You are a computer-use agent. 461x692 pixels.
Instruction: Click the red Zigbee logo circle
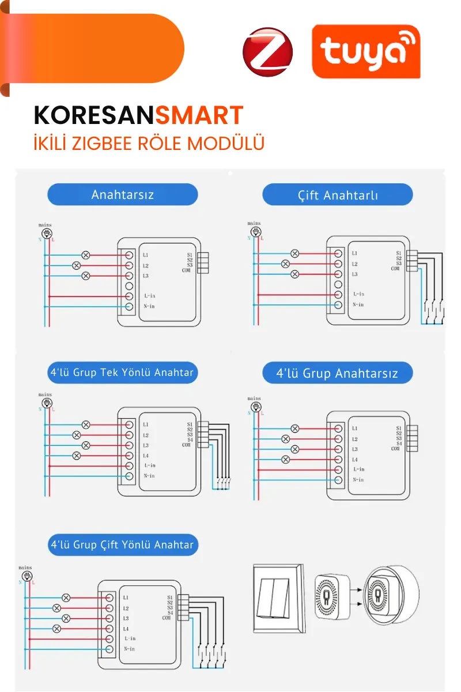click(x=268, y=52)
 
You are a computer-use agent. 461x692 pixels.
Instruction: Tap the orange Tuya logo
click(x=366, y=51)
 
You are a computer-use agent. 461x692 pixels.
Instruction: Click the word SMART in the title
click(x=199, y=116)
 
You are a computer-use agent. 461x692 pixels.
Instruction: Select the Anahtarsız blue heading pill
click(x=122, y=194)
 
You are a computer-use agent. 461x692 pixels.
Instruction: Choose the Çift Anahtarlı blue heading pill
click(x=338, y=195)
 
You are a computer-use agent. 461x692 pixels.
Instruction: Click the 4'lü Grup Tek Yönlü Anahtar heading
click(x=122, y=373)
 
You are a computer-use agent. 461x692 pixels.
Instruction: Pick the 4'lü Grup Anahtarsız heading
click(x=338, y=373)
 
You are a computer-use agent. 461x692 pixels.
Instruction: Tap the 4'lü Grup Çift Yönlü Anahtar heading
click(x=123, y=544)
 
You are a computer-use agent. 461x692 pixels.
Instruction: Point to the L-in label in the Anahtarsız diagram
click(x=150, y=296)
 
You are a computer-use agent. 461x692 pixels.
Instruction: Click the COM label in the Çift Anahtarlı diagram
click(x=395, y=269)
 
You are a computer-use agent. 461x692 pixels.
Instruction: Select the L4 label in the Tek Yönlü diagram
click(x=146, y=456)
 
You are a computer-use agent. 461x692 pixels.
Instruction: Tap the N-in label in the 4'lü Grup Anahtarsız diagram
click(x=358, y=480)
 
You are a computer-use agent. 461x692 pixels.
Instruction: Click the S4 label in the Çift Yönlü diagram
click(x=170, y=612)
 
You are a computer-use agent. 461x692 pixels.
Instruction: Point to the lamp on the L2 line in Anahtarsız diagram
click(x=76, y=265)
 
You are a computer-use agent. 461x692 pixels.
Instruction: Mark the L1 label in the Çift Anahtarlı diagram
click(x=354, y=253)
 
